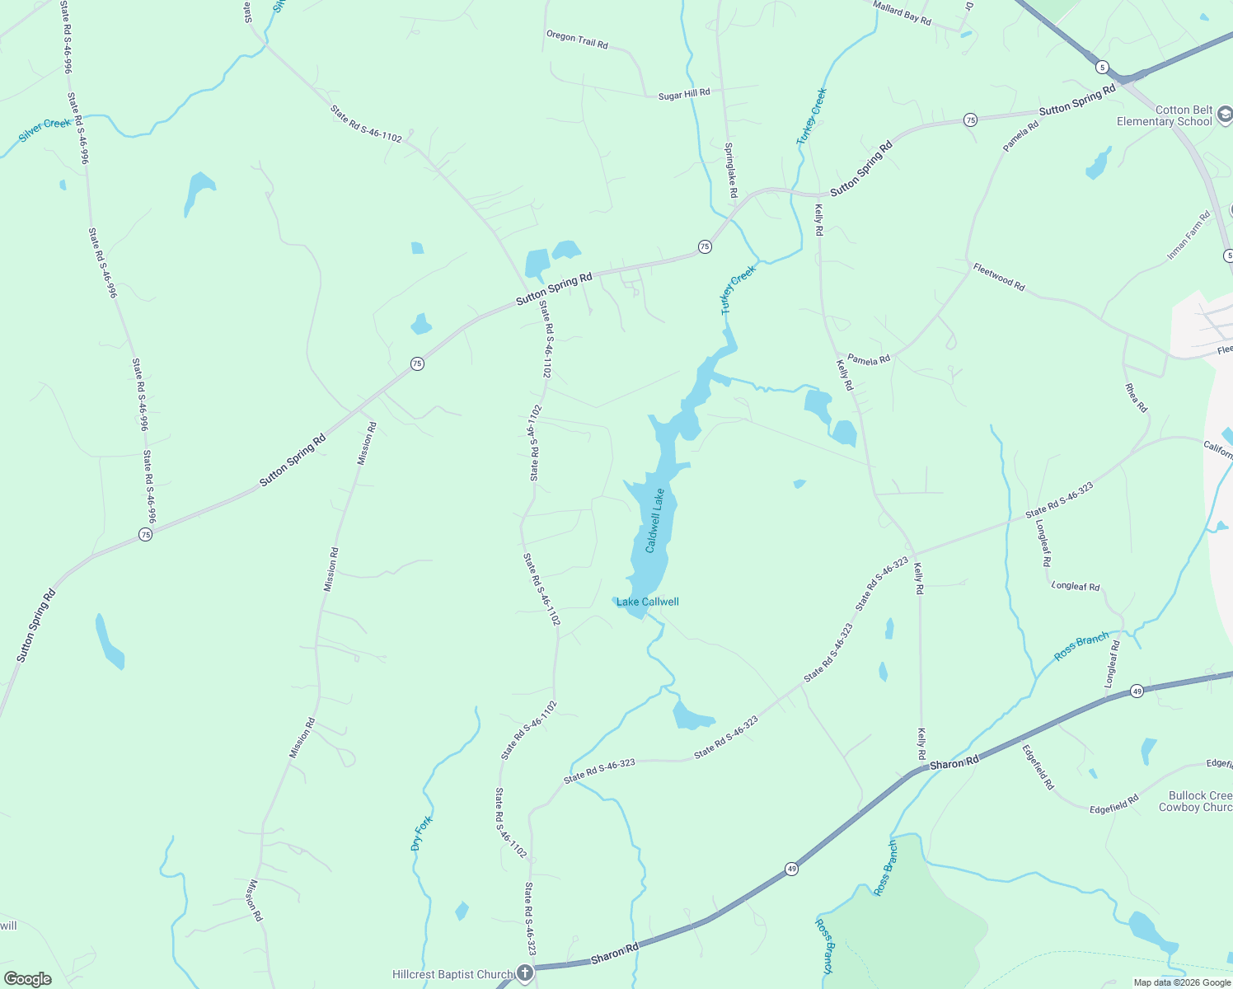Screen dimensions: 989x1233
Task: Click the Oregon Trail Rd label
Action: (x=577, y=39)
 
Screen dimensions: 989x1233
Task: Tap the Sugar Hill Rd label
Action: (x=684, y=95)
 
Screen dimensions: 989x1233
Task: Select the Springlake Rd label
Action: (x=731, y=170)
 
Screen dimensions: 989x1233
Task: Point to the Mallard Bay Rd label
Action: (x=902, y=12)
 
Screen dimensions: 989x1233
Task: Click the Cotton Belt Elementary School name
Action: (x=1164, y=115)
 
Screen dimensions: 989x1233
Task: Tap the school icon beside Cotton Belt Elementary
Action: (x=1224, y=115)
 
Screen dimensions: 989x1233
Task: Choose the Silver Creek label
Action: (x=45, y=129)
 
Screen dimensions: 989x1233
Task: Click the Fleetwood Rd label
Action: (x=999, y=277)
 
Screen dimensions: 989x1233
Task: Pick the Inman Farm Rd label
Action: (x=1188, y=236)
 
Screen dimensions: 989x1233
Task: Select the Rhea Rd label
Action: (x=1137, y=398)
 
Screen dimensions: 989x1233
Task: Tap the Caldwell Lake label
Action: (x=654, y=521)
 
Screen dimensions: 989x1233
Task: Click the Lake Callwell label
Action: (x=648, y=602)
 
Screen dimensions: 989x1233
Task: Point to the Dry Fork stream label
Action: (x=421, y=833)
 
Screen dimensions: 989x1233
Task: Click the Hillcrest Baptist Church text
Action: (x=452, y=974)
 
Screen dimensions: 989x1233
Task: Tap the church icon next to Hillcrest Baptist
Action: (x=525, y=973)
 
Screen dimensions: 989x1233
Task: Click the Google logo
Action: (x=27, y=979)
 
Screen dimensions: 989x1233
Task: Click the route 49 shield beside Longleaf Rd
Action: (x=1137, y=691)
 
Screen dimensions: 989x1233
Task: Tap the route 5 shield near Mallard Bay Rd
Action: (x=1102, y=67)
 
